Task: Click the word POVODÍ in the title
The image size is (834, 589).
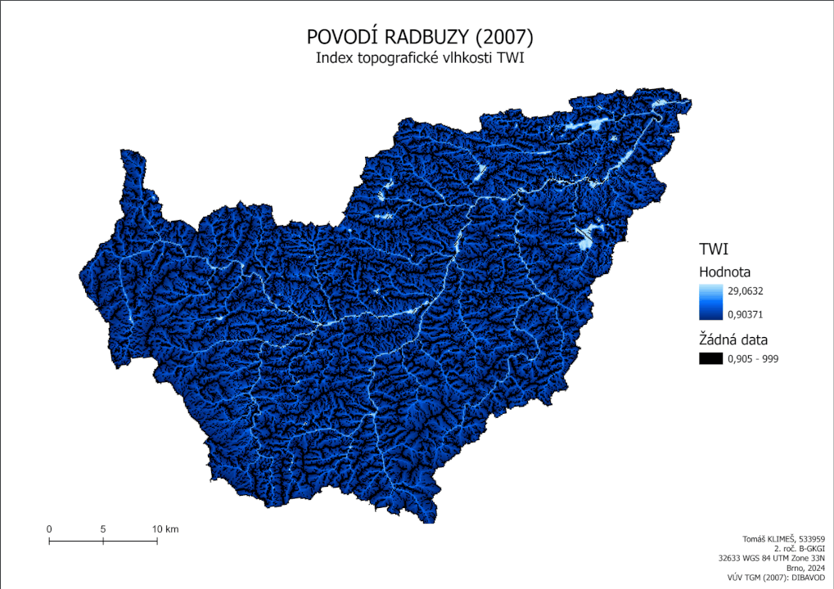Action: tap(340, 37)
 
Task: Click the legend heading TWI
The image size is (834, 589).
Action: tap(714, 249)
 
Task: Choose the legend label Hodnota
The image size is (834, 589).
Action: tap(725, 272)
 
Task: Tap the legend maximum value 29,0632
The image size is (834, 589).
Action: tap(744, 290)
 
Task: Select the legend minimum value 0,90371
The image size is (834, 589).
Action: tap(744, 313)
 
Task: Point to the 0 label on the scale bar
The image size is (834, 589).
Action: tap(49, 529)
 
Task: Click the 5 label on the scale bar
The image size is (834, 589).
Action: tap(103, 529)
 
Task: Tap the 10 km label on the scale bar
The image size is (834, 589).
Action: tap(165, 529)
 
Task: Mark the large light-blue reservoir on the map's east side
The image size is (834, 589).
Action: tap(587, 237)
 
